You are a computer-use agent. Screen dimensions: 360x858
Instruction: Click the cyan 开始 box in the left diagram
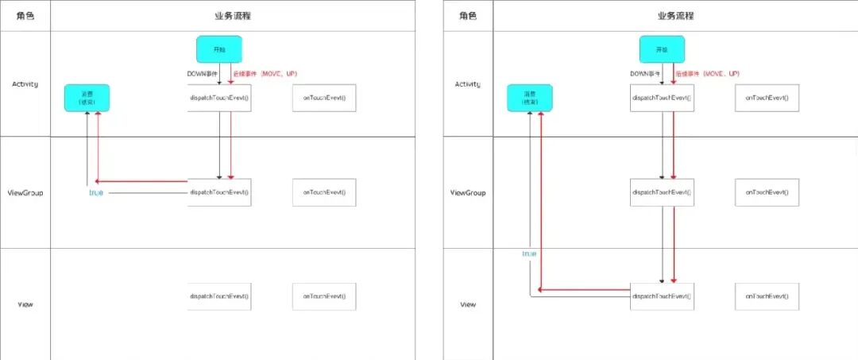coord(219,49)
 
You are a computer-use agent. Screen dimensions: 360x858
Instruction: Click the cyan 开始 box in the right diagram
coord(662,49)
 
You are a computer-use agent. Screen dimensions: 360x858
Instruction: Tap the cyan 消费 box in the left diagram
coord(87,99)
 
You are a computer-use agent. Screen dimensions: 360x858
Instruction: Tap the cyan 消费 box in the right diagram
coord(529,99)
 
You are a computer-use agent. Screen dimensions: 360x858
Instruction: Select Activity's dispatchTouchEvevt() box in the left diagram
coord(219,98)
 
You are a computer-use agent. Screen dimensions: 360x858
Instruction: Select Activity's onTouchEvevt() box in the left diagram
coord(324,98)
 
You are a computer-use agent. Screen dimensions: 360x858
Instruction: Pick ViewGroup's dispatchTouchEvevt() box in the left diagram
coord(219,192)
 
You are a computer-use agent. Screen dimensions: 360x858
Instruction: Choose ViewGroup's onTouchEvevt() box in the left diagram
coord(324,192)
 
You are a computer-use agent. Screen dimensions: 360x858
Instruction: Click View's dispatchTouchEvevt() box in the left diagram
coord(219,296)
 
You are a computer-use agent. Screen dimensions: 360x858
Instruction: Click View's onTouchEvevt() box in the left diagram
coord(324,296)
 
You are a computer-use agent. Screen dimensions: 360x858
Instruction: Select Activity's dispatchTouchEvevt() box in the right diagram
coord(662,98)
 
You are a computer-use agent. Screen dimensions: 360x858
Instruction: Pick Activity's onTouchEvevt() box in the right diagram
coord(767,98)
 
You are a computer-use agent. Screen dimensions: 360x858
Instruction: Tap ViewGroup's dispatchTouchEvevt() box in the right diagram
coord(662,192)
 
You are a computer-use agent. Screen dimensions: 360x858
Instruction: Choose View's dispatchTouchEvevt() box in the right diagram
coord(662,296)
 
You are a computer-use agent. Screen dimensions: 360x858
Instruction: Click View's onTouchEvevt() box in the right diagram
coord(767,296)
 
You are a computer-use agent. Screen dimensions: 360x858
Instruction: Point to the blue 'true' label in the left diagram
coord(96,193)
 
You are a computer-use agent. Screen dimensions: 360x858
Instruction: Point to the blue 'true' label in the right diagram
coord(529,254)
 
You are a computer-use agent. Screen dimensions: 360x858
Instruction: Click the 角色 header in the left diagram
coord(25,15)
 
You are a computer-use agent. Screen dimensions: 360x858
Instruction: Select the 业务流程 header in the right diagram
coord(675,15)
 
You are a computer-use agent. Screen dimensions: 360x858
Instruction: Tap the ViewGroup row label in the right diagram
coord(468,193)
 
